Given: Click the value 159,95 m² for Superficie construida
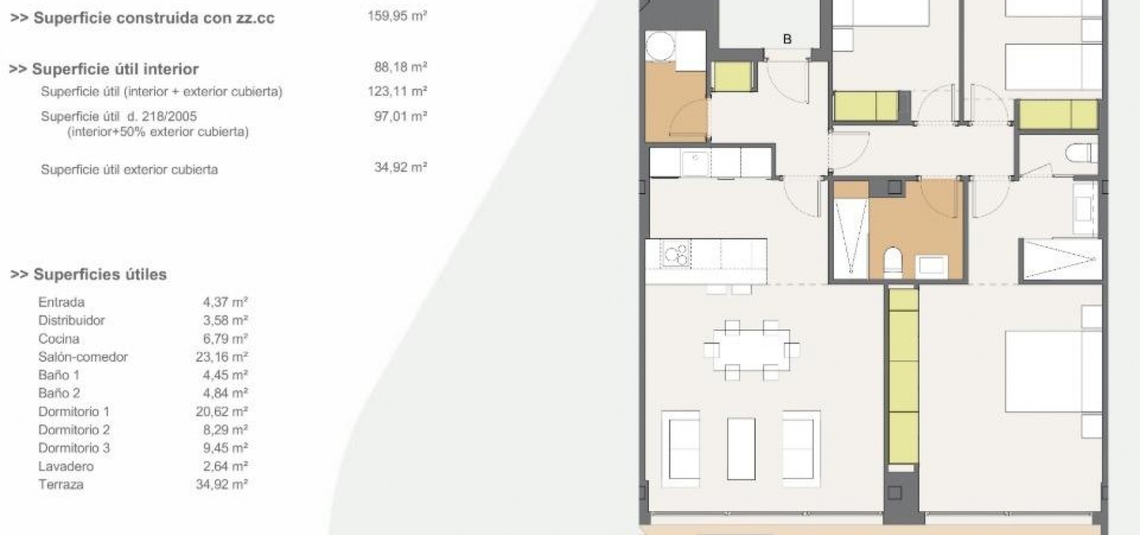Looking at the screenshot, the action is [x=397, y=15].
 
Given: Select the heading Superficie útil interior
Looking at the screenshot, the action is [x=104, y=69].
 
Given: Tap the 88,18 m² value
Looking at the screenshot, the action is [x=400, y=67].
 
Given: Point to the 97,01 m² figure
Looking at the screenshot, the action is [x=400, y=116].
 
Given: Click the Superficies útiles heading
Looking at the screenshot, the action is [x=89, y=275].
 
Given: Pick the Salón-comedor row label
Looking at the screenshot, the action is [x=83, y=357].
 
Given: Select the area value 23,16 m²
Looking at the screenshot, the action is [x=222, y=357].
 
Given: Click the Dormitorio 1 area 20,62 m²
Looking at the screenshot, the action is [x=222, y=411].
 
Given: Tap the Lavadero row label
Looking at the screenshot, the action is [x=65, y=466].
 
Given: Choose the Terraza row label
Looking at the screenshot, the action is [x=61, y=484].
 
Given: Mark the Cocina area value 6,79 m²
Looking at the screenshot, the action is [x=225, y=339].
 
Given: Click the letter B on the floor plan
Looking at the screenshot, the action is [x=787, y=39].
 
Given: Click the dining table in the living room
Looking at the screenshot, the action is [x=751, y=351].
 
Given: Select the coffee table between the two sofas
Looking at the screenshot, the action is [x=741, y=448].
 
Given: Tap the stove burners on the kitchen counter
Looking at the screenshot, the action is [x=676, y=253].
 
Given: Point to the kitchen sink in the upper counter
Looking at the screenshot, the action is [x=695, y=163].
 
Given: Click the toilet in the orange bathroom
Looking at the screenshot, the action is [x=893, y=262].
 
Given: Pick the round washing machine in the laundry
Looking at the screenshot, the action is [x=660, y=46].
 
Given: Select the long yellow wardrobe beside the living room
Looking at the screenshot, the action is [x=904, y=377].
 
